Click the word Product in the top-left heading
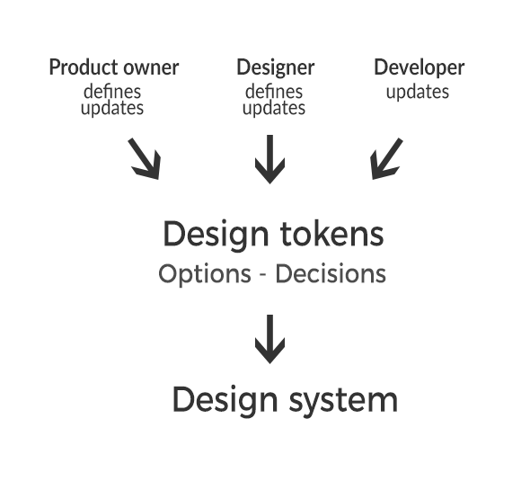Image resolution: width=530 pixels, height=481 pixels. click(x=84, y=67)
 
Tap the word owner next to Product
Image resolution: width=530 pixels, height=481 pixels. click(x=151, y=68)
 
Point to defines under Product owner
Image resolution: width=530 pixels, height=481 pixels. click(x=112, y=91)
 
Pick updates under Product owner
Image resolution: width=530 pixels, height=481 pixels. click(x=112, y=108)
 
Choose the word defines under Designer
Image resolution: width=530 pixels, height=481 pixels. click(x=274, y=91)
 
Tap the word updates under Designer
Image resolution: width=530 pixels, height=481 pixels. click(x=274, y=108)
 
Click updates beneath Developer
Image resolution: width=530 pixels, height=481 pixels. click(x=418, y=92)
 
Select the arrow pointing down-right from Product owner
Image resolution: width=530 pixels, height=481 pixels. click(x=144, y=158)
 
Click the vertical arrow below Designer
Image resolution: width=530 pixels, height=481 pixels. click(x=269, y=159)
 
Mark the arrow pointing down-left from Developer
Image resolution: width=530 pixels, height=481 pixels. click(x=386, y=158)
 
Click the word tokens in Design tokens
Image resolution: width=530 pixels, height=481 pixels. click(x=332, y=234)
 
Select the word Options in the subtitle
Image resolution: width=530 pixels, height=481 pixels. click(x=205, y=274)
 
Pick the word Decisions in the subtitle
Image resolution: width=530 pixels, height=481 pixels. click(x=331, y=273)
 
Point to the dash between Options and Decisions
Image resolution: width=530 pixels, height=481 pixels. click(x=263, y=275)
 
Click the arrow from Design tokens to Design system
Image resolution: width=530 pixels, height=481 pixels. click(x=269, y=339)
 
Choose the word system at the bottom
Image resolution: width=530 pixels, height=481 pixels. click(x=343, y=401)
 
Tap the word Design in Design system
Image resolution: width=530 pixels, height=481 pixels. click(x=225, y=401)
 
